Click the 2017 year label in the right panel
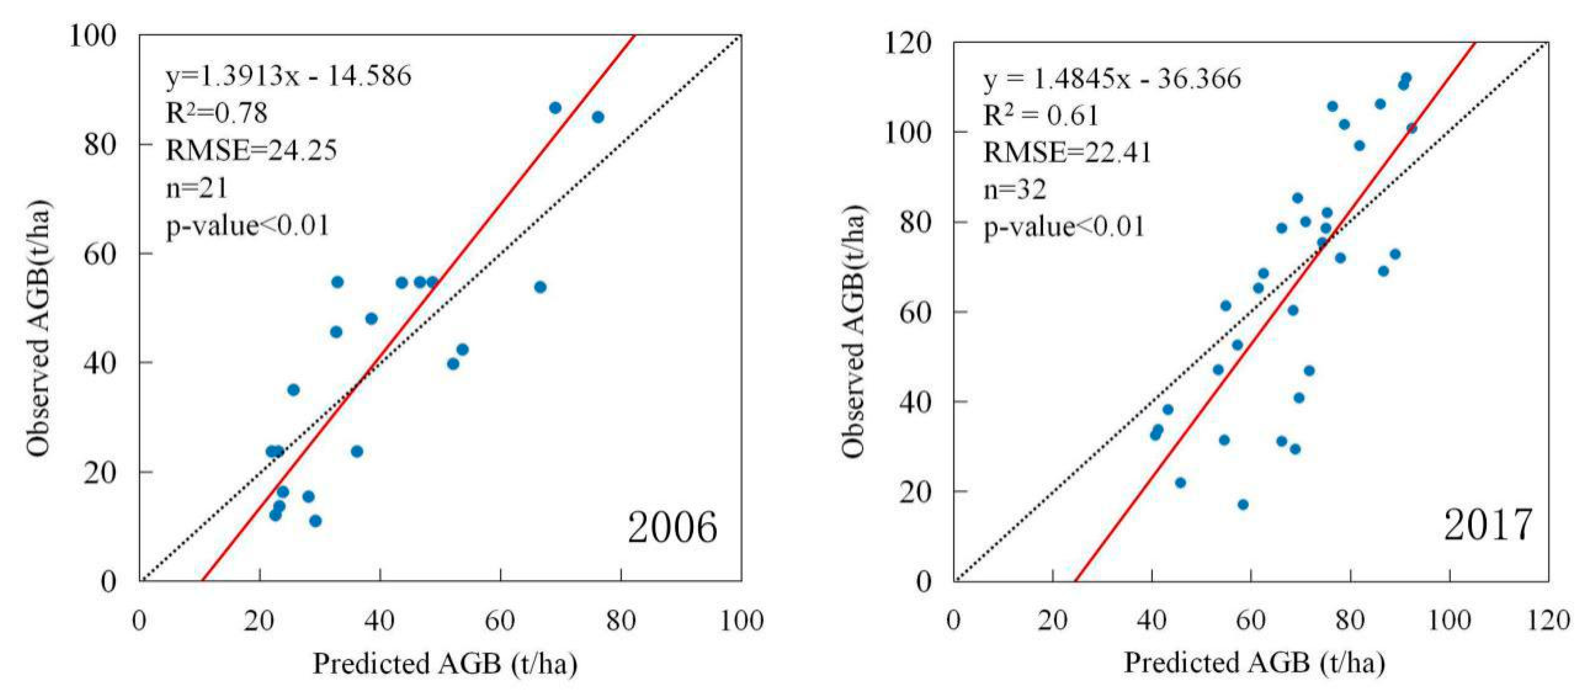[1487, 525]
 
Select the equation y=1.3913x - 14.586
[288, 76]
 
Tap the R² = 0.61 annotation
[1041, 115]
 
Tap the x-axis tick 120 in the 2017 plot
[1548, 620]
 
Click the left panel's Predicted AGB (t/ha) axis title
[445, 664]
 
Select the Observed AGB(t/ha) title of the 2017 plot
[854, 330]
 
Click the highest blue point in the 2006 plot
[555, 108]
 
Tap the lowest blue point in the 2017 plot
[1243, 505]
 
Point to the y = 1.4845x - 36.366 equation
[1112, 79]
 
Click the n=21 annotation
[196, 187]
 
